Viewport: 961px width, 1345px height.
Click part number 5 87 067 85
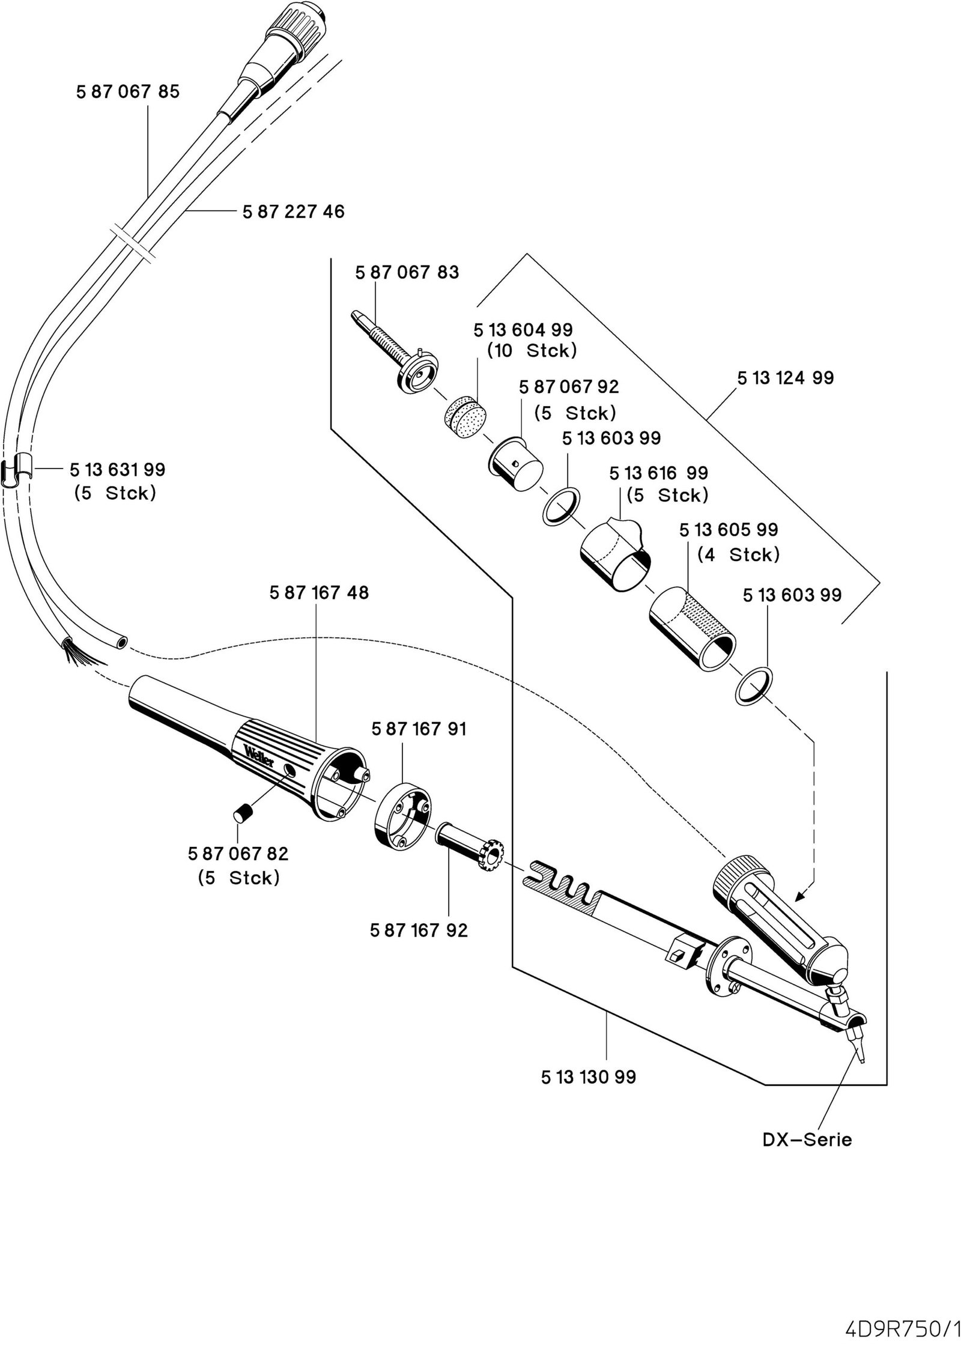tap(128, 92)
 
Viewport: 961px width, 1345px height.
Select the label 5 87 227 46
tap(294, 211)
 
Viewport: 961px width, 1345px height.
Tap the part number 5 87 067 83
tap(407, 273)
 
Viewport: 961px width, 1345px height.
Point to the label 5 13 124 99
tap(786, 378)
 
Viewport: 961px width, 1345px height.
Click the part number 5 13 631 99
tap(117, 469)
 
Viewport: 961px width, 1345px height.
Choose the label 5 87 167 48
tap(319, 593)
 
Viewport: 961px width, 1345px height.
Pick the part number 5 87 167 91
tap(419, 729)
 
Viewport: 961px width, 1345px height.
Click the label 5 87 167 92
tap(419, 931)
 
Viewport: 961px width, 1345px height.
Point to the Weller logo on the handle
tap(259, 755)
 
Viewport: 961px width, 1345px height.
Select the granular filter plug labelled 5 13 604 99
tap(465, 413)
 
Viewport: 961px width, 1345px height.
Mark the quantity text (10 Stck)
tap(532, 351)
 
